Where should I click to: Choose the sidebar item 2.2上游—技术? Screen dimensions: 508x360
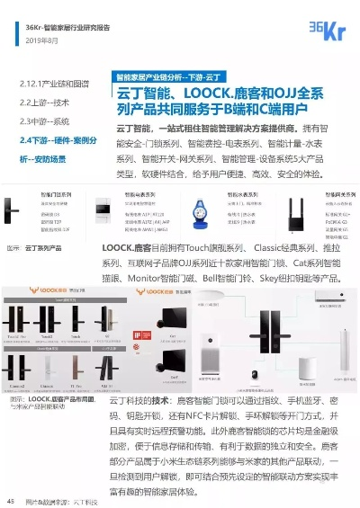(44, 102)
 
